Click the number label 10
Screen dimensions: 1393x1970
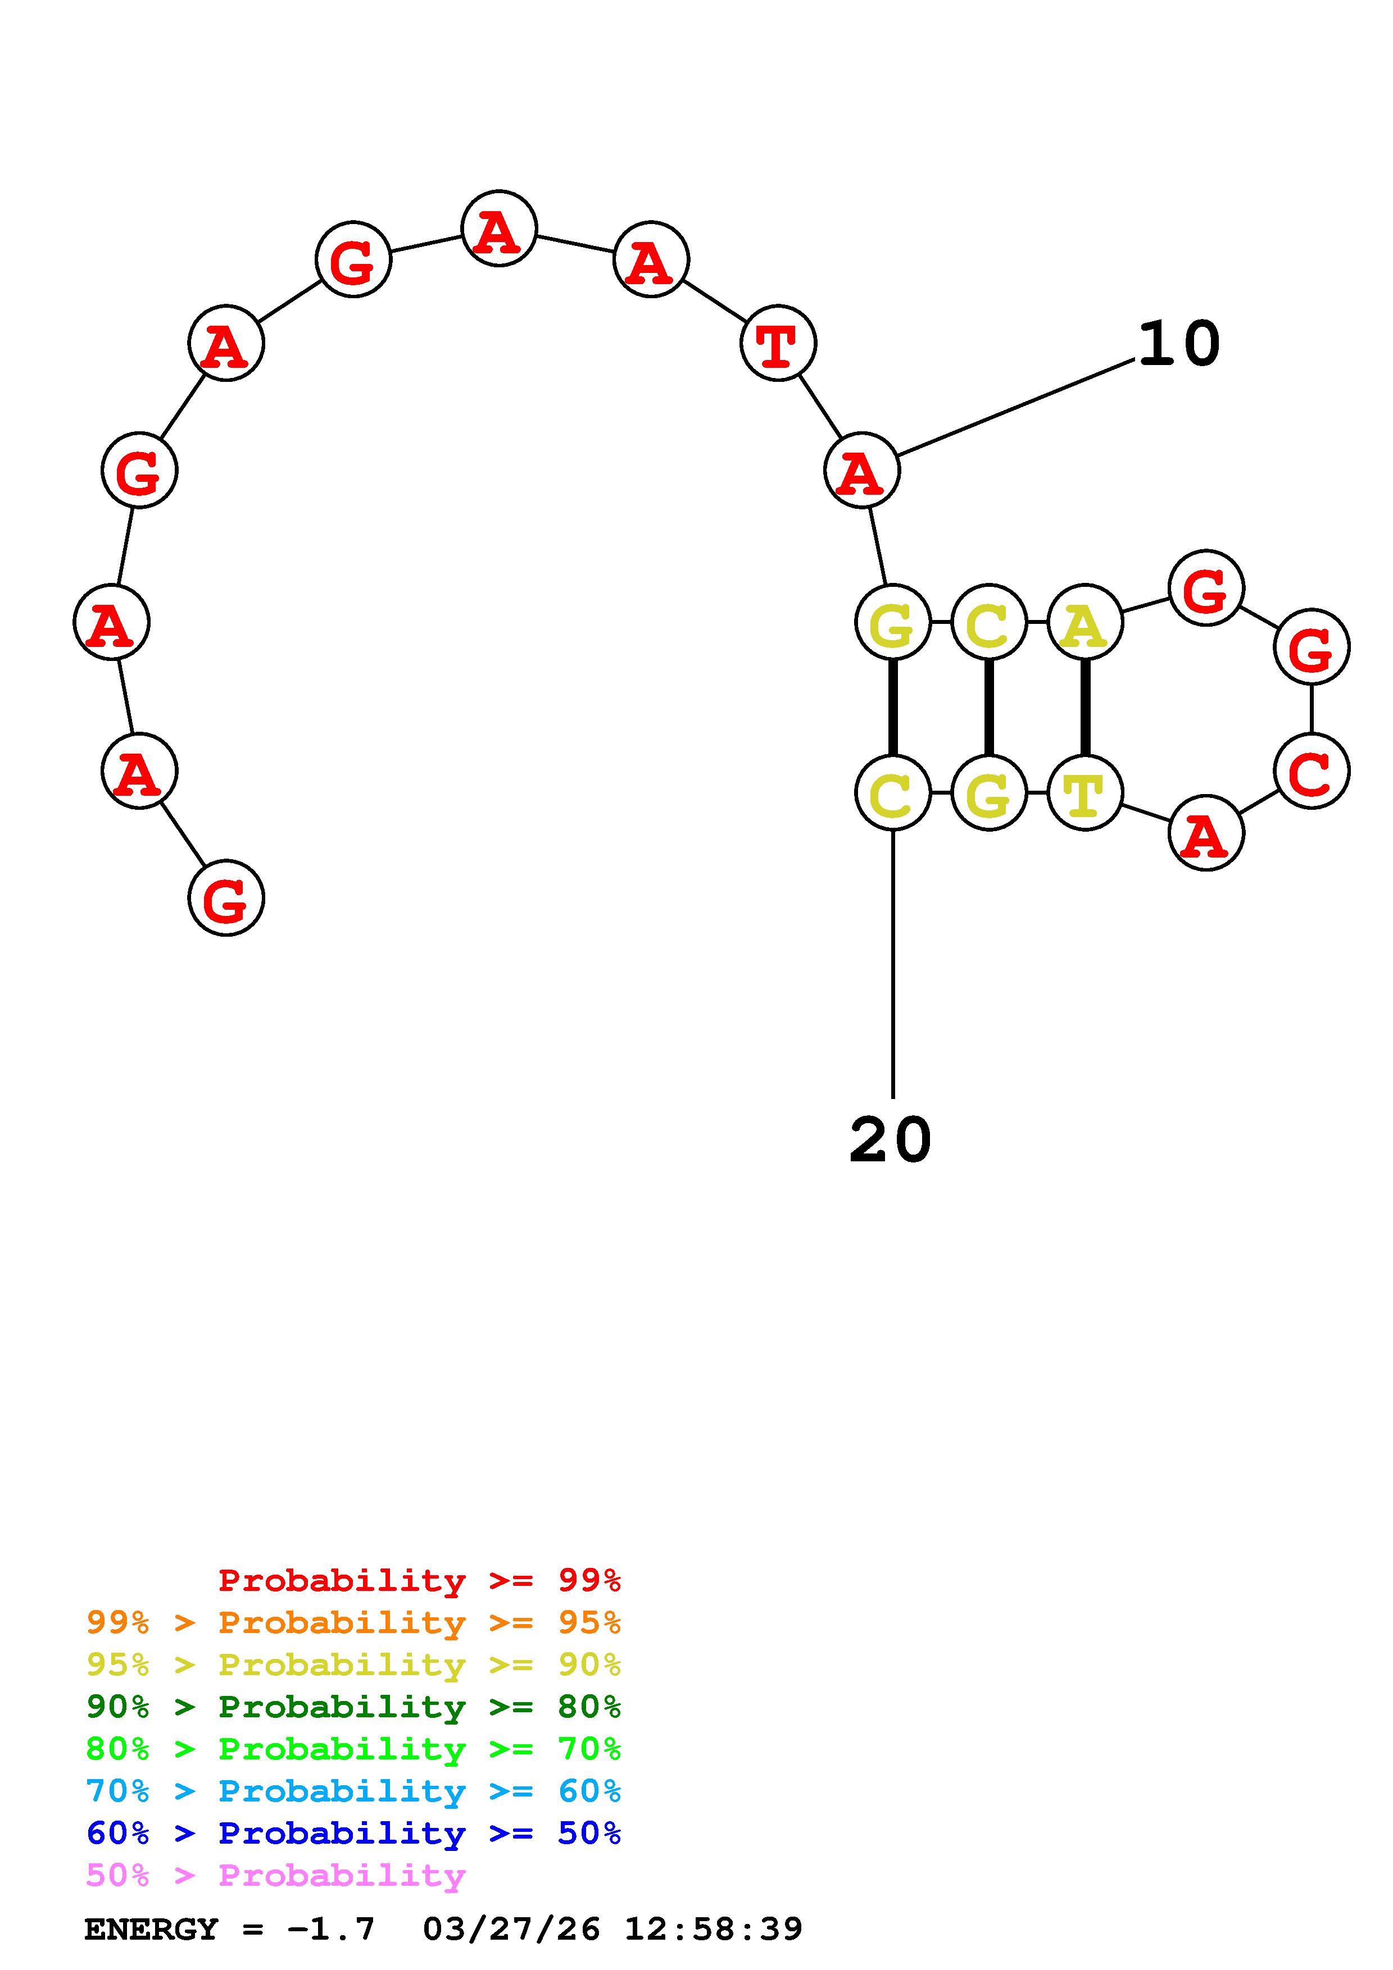tap(1178, 344)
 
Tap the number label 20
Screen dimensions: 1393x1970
tap(890, 1141)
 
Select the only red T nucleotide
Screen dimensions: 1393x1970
tap(778, 344)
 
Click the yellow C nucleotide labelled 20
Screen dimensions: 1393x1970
tap(893, 794)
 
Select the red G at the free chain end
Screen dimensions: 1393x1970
tap(226, 899)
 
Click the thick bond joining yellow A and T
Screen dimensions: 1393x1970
tap(1085, 708)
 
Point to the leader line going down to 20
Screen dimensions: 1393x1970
tap(893, 961)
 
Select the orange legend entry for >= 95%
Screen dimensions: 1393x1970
tap(353, 1622)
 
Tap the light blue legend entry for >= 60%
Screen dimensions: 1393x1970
tap(353, 1791)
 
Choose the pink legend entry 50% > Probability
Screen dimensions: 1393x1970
tap(275, 1875)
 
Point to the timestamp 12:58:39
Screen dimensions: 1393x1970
tap(713, 1929)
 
